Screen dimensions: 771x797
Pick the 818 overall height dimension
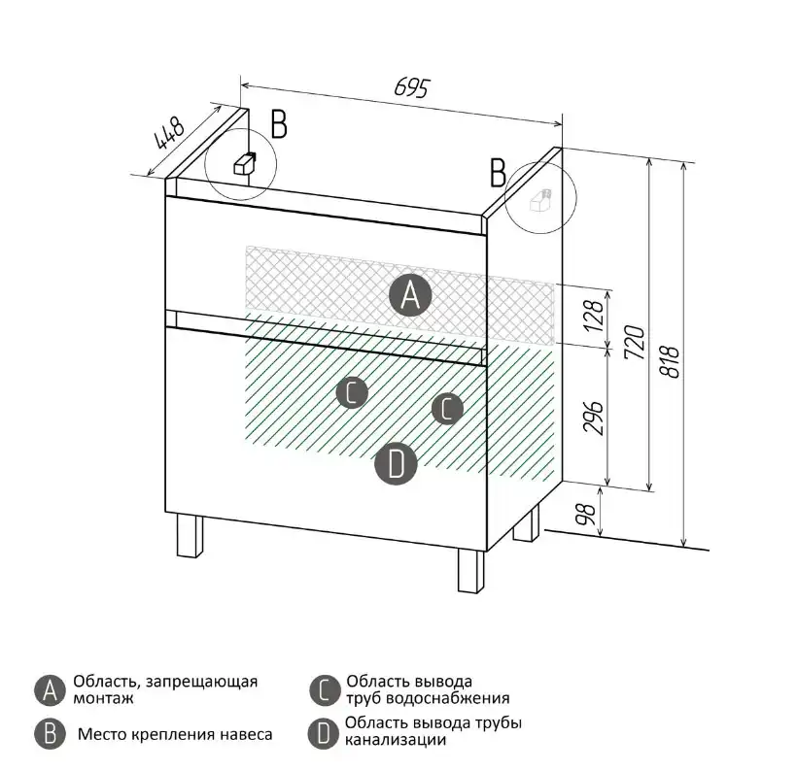tap(670, 363)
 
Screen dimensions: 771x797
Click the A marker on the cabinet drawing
tap(410, 294)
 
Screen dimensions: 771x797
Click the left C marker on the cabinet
tap(351, 392)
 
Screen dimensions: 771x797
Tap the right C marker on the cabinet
tap(446, 409)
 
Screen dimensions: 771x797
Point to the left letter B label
tap(279, 124)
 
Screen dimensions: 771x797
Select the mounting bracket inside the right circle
tap(539, 201)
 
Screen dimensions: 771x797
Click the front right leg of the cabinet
tap(470, 571)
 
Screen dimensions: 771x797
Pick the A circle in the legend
tap(49, 690)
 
